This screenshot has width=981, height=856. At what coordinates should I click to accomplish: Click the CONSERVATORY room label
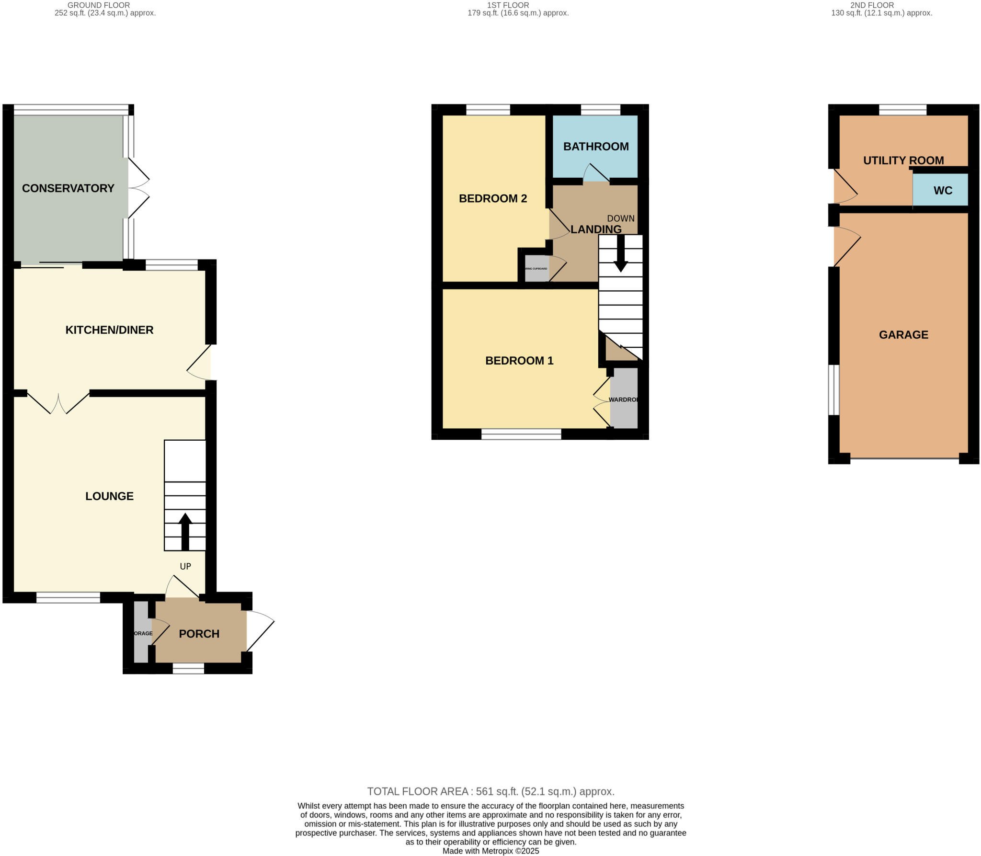(x=68, y=188)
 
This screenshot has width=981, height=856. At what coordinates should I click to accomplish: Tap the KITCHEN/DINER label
(x=109, y=330)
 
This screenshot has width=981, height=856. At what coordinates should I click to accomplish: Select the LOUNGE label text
(x=109, y=496)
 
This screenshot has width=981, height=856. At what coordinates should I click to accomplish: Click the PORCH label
(x=199, y=634)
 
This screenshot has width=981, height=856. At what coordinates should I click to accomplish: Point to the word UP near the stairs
(x=185, y=566)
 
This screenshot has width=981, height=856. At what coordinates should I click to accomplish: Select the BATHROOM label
(x=596, y=147)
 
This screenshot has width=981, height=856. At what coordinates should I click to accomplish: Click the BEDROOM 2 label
(x=493, y=198)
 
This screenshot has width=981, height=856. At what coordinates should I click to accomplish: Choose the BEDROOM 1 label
(x=519, y=361)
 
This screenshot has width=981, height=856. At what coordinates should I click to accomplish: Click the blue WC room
(x=942, y=191)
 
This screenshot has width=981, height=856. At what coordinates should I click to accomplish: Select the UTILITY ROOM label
(x=903, y=160)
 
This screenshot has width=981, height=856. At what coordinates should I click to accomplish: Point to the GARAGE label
(x=903, y=335)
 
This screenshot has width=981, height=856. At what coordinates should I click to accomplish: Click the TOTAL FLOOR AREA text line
(x=490, y=791)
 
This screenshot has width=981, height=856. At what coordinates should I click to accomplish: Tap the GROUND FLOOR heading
(x=99, y=5)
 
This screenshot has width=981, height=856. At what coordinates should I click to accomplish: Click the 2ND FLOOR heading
(x=881, y=5)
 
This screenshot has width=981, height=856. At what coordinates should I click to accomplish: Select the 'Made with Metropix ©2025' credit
(x=490, y=851)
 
